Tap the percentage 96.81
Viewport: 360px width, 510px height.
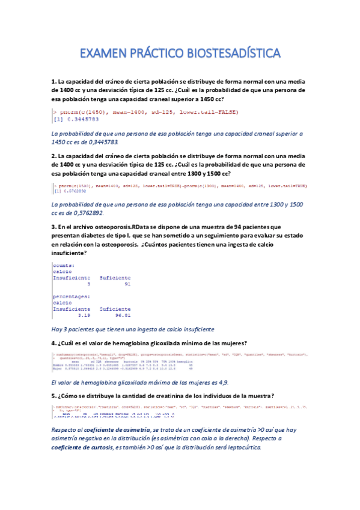coord(123,315)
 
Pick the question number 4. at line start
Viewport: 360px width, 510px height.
coord(54,343)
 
